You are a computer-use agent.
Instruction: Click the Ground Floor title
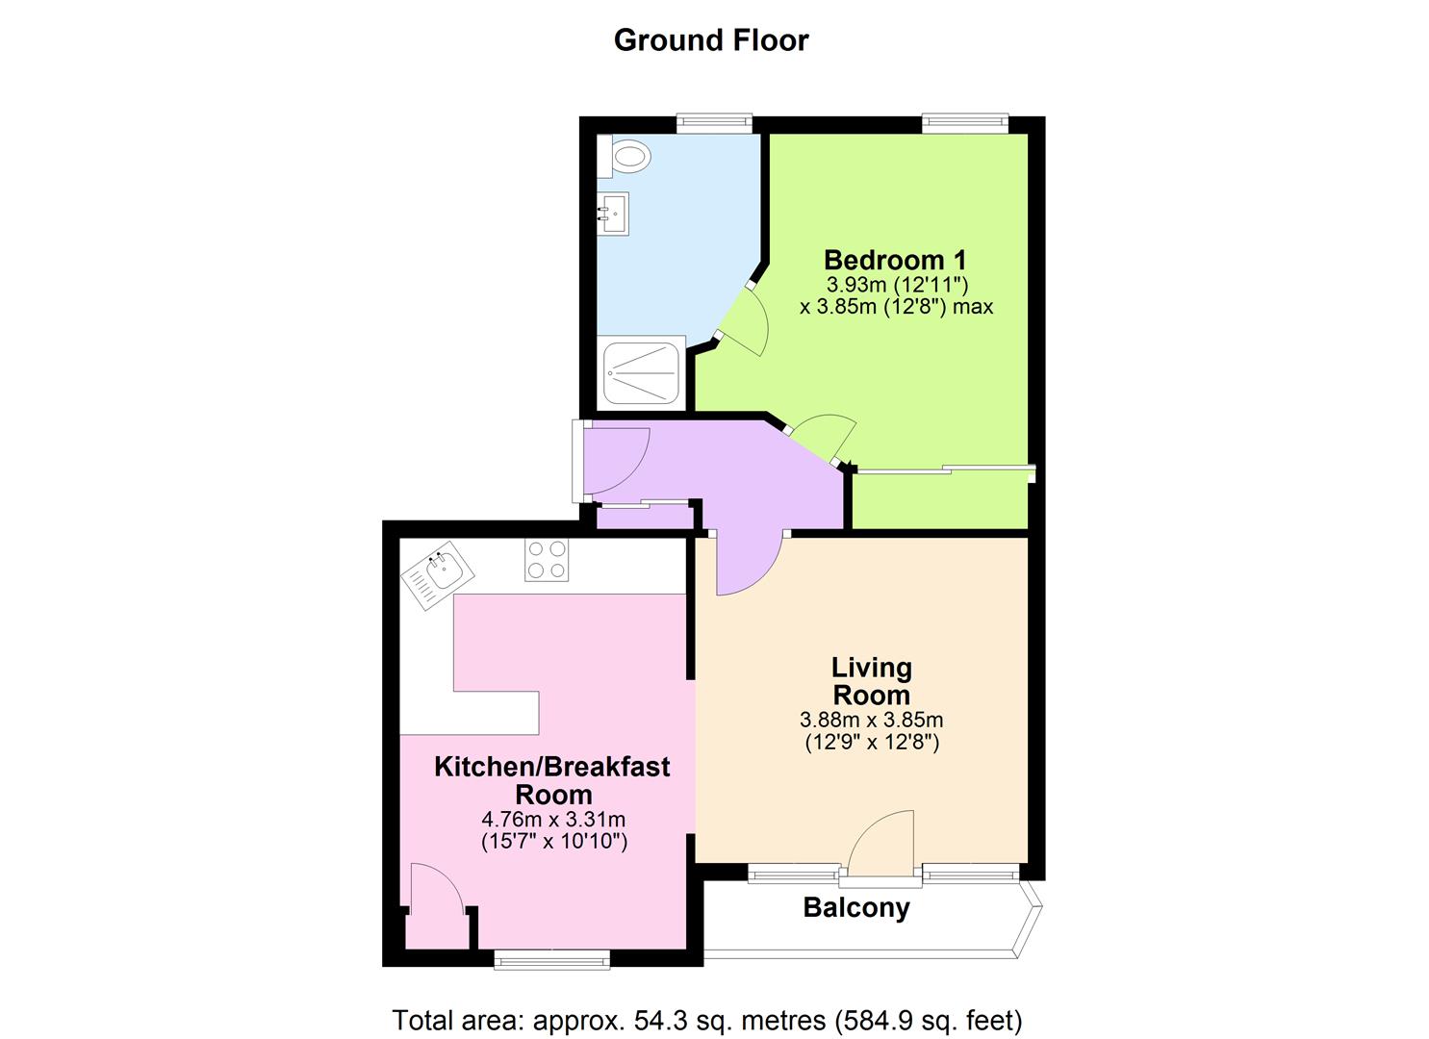click(711, 40)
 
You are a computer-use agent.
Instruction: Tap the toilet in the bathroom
click(626, 155)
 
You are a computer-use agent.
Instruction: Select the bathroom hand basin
click(612, 214)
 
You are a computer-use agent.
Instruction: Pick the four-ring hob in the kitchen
click(547, 559)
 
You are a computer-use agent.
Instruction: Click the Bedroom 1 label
click(895, 260)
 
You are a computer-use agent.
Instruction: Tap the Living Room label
click(871, 680)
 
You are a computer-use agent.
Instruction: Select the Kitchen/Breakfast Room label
click(552, 780)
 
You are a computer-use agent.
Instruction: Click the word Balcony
click(856, 908)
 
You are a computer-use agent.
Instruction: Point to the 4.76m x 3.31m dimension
click(553, 820)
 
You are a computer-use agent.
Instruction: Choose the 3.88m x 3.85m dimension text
click(871, 720)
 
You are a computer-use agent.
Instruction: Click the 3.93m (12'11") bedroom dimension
click(896, 285)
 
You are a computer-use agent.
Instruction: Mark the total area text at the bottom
click(706, 1020)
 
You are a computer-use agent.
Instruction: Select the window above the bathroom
click(713, 122)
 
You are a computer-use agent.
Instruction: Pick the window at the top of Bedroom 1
click(964, 122)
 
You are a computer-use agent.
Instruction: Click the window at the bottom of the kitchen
click(551, 958)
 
